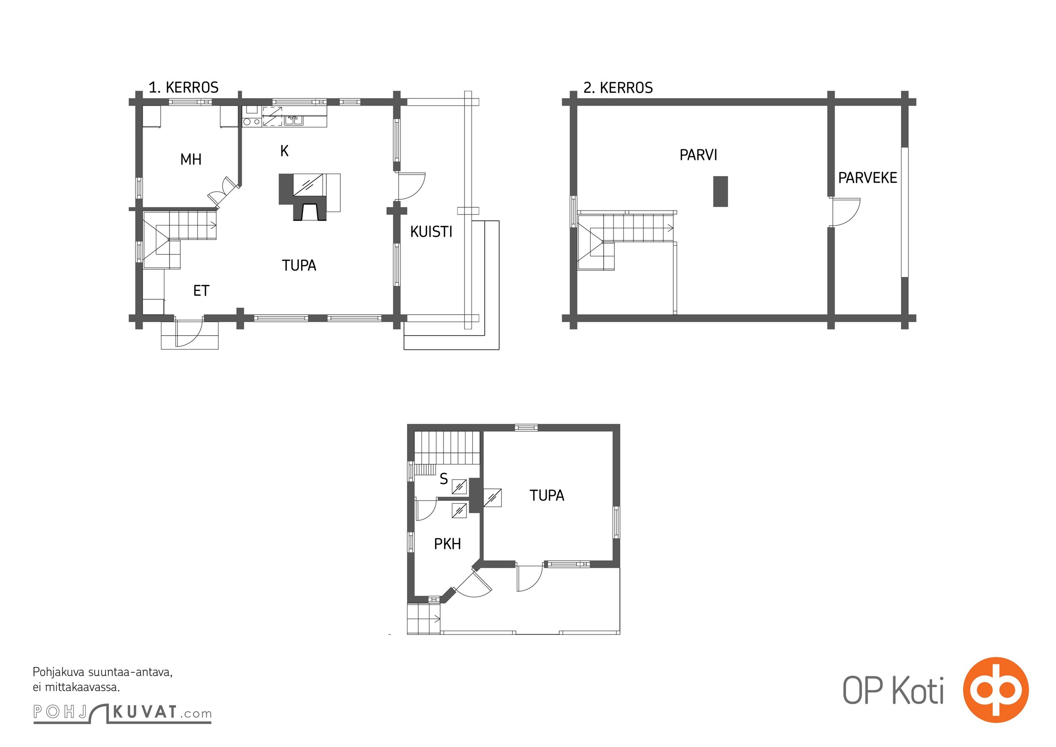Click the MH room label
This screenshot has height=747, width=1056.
tap(191, 159)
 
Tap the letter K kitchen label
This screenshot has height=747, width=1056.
tap(284, 151)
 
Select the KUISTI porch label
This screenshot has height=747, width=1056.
tap(431, 232)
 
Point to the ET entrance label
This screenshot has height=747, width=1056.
tap(201, 291)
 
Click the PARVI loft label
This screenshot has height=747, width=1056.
tap(698, 155)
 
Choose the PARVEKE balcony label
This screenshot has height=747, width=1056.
tap(868, 178)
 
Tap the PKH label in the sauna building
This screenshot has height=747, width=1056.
tap(447, 544)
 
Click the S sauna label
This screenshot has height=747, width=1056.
tap(444, 479)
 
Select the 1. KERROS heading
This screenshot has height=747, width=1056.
tap(183, 87)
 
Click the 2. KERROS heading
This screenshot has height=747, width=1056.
tap(618, 87)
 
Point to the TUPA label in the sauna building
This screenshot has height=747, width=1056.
tap(547, 495)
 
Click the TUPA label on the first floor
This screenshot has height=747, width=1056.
tap(299, 265)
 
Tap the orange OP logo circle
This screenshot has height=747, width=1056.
tap(996, 690)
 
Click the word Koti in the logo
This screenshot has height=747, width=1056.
tap(918, 691)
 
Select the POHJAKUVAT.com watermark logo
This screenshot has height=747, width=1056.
tap(122, 712)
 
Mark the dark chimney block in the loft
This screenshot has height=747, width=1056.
tap(720, 191)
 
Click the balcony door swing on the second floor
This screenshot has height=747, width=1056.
tap(845, 212)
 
